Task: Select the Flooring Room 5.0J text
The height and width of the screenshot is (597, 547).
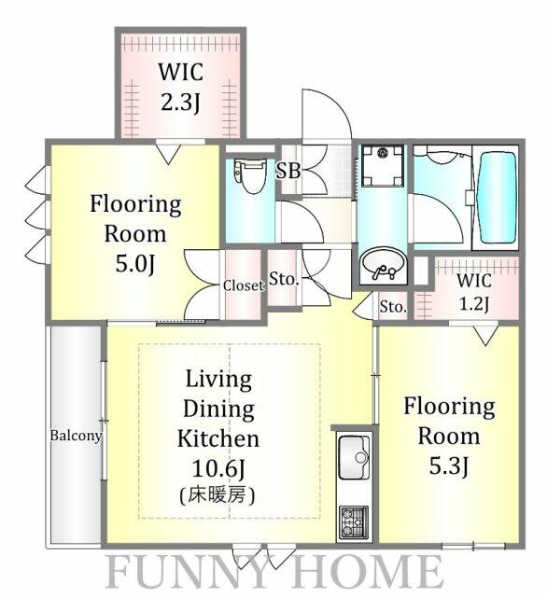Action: (x=134, y=232)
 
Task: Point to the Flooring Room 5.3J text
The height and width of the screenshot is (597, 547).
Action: (x=448, y=435)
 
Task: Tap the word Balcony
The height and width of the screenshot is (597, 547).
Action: (x=76, y=435)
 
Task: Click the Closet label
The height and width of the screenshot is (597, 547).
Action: (x=243, y=286)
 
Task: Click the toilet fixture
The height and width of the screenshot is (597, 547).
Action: (x=249, y=176)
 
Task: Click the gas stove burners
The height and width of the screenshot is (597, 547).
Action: (x=353, y=520)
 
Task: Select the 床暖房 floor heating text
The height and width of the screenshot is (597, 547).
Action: (x=218, y=495)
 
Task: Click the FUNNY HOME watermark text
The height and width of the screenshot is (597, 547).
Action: (x=273, y=570)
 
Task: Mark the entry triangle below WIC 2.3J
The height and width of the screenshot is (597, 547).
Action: (x=167, y=153)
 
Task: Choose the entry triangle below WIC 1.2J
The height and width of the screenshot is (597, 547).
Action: (x=484, y=334)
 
